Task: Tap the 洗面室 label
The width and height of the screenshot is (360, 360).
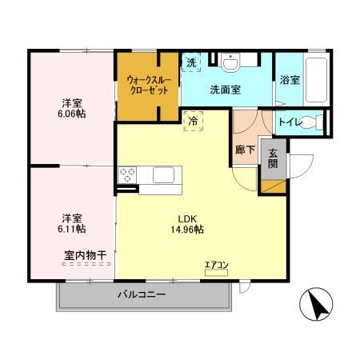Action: coord(225,90)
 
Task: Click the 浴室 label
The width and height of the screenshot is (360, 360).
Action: coord(290,81)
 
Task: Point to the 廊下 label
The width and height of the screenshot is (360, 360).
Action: coord(245,148)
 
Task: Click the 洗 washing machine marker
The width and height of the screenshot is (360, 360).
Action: coord(191,63)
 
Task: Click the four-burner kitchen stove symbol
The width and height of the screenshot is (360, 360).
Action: coord(128,176)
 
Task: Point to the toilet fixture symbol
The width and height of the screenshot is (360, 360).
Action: coord(318,122)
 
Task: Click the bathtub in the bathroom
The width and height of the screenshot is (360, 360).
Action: coord(314,79)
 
